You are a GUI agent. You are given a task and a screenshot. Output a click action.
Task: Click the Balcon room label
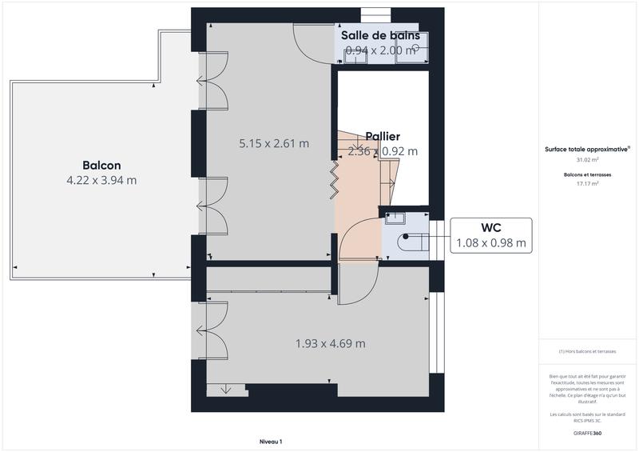[101, 166]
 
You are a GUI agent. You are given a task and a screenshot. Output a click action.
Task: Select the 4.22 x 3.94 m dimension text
[101, 180]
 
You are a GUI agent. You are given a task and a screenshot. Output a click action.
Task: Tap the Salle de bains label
[382, 36]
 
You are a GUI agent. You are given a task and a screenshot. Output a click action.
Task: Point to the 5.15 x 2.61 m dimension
[274, 144]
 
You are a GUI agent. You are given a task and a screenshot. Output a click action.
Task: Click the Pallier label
[383, 137]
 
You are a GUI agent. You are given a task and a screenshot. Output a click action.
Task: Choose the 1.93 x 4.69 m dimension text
[330, 344]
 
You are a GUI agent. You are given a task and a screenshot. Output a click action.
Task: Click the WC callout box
[491, 234]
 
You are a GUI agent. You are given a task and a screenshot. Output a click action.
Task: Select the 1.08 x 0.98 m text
[491, 242]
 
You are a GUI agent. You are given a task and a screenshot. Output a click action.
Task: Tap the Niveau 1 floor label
[271, 442]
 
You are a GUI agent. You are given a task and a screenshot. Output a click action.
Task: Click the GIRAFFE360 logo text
[587, 433]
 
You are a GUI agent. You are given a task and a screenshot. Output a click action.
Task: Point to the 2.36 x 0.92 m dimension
[382, 150]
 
